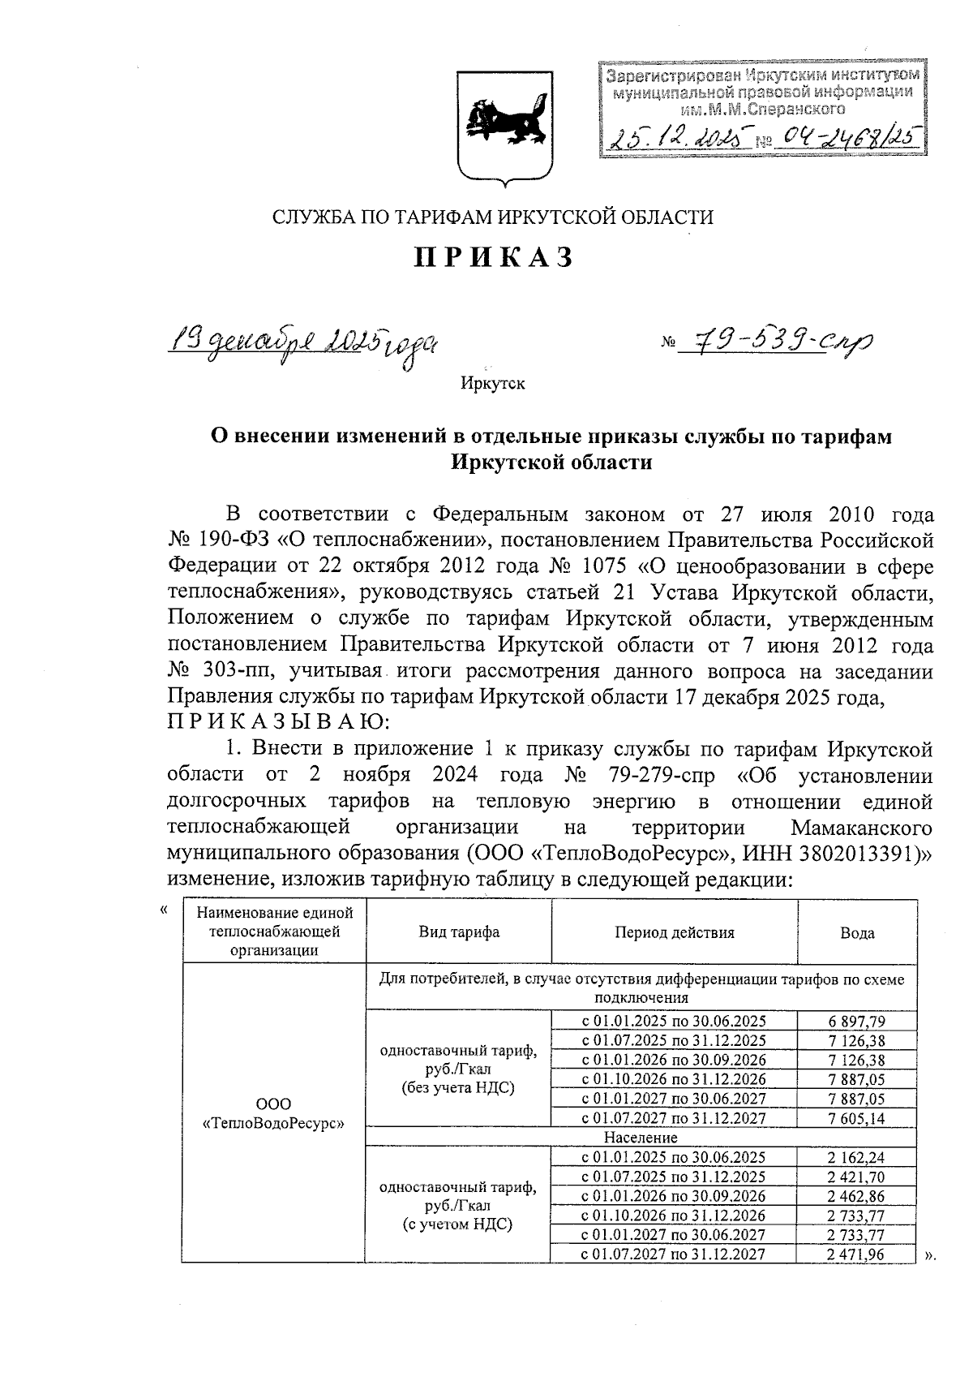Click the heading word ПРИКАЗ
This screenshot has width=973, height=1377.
[x=495, y=257]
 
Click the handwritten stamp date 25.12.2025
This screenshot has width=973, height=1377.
[x=678, y=140]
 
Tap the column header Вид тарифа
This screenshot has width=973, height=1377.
[x=459, y=932]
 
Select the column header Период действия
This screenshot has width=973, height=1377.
[x=674, y=932]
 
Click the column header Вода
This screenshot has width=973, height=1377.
[x=857, y=933]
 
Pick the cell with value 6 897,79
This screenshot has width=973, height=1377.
[x=857, y=1021]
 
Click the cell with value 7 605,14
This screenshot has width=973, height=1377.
[x=857, y=1118]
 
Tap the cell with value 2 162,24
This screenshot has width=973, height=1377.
[x=857, y=1157]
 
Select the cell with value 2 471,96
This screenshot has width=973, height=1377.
[x=857, y=1254]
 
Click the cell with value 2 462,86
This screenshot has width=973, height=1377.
[x=857, y=1196]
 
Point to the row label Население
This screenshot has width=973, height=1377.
[x=641, y=1138]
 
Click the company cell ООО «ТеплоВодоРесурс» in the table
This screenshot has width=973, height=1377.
[x=273, y=1114]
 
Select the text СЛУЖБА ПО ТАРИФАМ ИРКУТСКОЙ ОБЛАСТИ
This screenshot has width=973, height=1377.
[x=493, y=217]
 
